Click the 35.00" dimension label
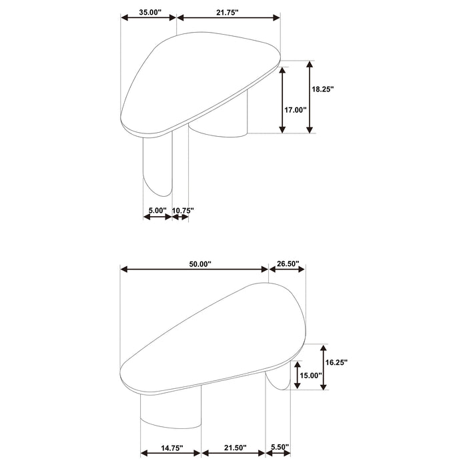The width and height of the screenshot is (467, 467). [x=150, y=12]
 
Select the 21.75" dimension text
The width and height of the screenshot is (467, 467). [x=227, y=12]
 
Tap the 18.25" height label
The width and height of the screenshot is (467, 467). [x=323, y=89]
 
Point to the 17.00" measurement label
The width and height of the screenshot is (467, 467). [x=295, y=110]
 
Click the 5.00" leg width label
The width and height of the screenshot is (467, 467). [x=157, y=210]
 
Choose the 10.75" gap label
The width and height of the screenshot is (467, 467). [x=183, y=210]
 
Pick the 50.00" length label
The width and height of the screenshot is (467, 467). [x=200, y=264]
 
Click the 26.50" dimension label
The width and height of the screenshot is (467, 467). [x=288, y=264]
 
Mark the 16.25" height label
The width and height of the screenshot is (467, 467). [x=336, y=362]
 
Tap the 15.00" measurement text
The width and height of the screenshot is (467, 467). [x=311, y=375]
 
